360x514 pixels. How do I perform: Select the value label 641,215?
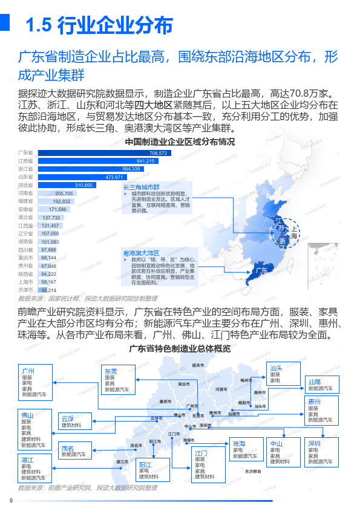[x=146, y=161]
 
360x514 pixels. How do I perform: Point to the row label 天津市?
[x=25, y=290]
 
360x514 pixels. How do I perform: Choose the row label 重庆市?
[x=25, y=258]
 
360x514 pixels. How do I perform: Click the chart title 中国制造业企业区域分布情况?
[x=180, y=142]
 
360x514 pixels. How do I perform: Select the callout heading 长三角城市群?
[x=141, y=187]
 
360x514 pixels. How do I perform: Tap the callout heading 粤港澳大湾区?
[x=141, y=253]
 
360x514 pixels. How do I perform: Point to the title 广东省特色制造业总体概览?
[x=180, y=348]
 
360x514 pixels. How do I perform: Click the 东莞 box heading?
[x=111, y=371]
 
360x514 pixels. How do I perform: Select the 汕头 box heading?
[x=276, y=368]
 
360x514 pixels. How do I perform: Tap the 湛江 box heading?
[x=27, y=460]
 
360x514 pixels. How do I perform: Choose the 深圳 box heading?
[x=314, y=443]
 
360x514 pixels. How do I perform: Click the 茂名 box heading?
[x=67, y=448]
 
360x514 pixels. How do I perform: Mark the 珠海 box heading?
[x=240, y=444]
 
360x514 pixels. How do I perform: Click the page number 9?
[x=11, y=499]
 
